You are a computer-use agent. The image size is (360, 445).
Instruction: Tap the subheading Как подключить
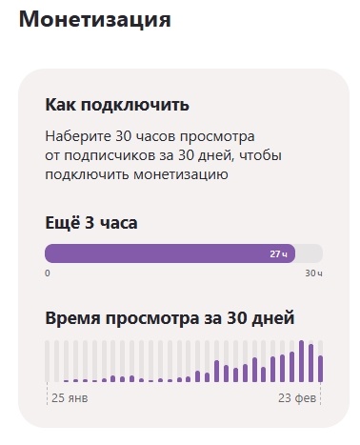coord(117,105)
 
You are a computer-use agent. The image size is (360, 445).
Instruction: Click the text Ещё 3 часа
coord(91,224)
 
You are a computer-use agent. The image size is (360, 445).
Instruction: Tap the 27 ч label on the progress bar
coord(278,254)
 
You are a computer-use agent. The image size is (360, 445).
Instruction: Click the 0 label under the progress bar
coord(48,273)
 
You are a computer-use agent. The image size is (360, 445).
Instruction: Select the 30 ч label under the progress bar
coord(313,273)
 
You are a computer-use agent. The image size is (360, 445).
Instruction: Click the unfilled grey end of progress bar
coord(310,254)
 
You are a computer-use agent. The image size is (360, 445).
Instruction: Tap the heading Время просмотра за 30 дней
coord(170,317)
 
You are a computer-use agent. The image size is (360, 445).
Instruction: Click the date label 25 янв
coord(70,396)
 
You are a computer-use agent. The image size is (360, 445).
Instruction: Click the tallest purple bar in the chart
coord(302,361)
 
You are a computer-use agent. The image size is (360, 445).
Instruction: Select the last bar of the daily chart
coord(321,368)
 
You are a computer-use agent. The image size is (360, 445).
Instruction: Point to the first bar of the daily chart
coord(48,362)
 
